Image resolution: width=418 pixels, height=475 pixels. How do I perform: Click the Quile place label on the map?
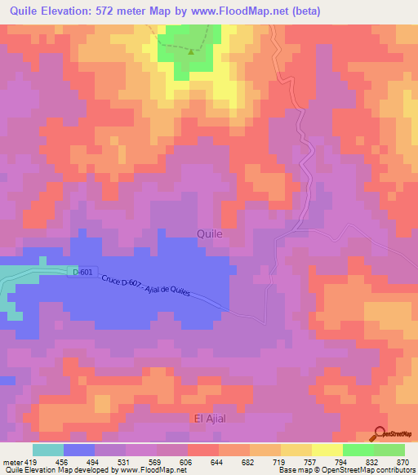[210, 233]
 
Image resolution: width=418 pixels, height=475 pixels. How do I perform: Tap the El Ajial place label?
[210, 419]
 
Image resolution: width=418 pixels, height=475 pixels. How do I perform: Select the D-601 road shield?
[82, 271]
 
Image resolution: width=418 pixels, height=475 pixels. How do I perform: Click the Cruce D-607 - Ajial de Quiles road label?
[146, 286]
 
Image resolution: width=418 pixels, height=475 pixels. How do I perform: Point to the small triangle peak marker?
[191, 51]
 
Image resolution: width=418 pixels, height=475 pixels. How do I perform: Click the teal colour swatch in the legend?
[48, 450]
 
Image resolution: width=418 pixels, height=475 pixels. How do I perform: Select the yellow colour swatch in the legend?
[296, 450]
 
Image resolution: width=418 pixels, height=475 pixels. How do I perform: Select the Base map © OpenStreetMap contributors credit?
[346, 470]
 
